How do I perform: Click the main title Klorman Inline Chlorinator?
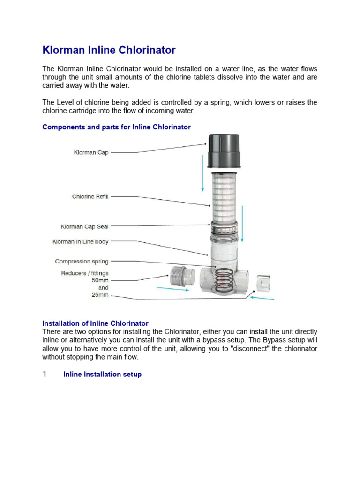point(109,50)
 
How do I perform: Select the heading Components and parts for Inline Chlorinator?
point(116,127)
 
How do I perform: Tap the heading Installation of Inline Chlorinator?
point(95,323)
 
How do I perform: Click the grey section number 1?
point(45,374)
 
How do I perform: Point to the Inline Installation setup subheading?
point(102,375)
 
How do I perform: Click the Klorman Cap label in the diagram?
point(91,152)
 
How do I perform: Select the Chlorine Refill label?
point(90,197)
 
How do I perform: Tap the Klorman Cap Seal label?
point(84,227)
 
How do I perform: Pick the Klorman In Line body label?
point(80,242)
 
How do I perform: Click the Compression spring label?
point(82,262)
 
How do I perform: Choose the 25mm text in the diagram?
point(100,295)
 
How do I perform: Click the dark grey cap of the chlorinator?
point(224,150)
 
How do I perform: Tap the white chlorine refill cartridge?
point(224,197)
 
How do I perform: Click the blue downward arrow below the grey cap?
point(203,178)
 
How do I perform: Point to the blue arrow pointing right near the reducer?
point(173,289)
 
